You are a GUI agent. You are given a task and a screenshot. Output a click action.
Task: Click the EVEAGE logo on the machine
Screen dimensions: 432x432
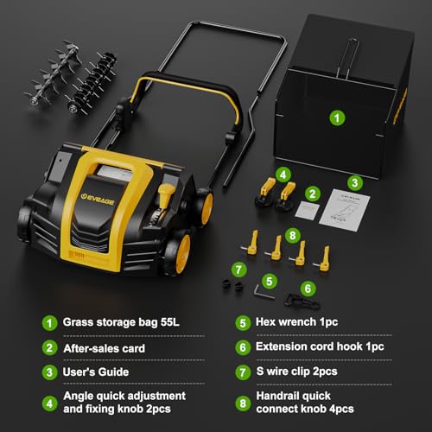coord(97,199)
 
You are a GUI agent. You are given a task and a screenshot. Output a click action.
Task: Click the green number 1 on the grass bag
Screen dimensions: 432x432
coord(337,118)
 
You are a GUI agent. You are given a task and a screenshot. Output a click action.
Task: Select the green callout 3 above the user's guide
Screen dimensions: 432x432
coord(355,183)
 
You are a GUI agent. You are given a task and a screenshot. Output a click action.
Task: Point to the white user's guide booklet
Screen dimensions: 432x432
coord(345,209)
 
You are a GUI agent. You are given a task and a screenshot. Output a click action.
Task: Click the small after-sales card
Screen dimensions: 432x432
coord(308,210)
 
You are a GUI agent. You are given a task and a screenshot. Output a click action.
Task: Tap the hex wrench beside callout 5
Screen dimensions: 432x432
coord(264,292)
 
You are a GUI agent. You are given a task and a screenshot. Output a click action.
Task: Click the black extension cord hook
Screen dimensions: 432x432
coord(302,301)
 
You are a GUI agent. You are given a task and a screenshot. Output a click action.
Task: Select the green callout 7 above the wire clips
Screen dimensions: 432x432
coord(238,270)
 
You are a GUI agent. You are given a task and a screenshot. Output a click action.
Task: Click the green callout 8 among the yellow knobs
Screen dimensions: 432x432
coord(293,236)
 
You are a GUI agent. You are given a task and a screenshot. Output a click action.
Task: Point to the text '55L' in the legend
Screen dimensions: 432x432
coord(170,322)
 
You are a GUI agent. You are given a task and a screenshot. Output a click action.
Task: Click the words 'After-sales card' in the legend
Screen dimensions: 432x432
coord(105,348)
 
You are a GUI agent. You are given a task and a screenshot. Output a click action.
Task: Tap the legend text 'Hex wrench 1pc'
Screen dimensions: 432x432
coord(297,321)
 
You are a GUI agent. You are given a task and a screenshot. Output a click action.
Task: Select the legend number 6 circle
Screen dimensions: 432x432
coord(243,347)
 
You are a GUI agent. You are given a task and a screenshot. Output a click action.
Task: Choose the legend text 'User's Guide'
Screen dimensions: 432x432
coord(96,372)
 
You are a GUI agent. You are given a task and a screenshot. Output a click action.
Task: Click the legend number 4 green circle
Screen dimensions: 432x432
coord(49,403)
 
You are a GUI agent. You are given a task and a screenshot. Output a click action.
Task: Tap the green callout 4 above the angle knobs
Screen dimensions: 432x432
coord(283,175)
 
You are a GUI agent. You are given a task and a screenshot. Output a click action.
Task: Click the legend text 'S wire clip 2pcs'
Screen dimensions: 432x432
coord(297,372)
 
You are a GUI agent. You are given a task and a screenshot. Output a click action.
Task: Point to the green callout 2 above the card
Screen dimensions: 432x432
coord(313,194)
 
